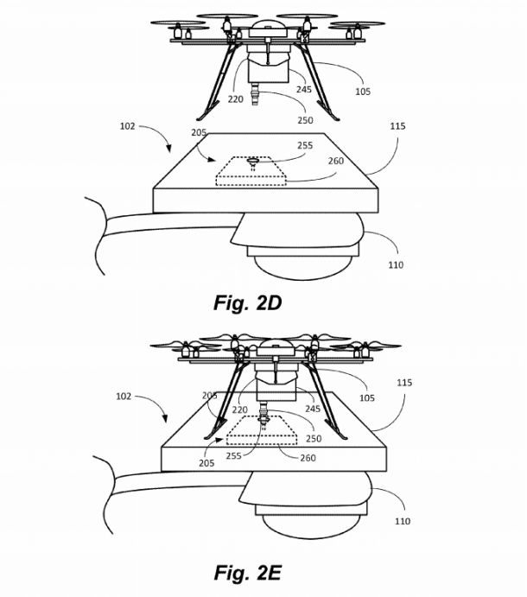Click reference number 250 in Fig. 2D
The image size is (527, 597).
point(304,119)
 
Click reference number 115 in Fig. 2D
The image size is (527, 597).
point(397,127)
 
